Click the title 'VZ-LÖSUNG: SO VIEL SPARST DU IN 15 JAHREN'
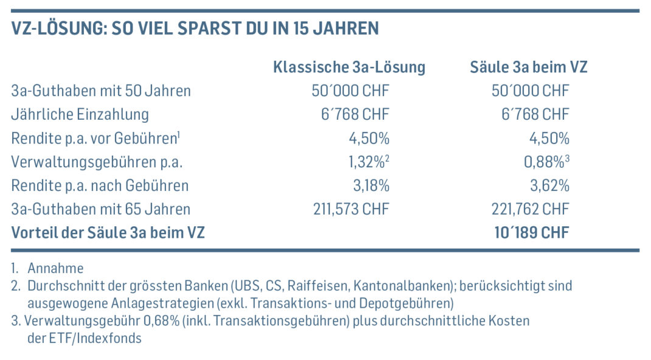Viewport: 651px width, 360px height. point(195,29)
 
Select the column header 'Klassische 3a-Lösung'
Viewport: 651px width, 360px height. point(349,67)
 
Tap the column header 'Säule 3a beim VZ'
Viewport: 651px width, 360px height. point(528,67)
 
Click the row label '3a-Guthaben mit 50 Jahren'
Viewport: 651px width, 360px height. point(101,91)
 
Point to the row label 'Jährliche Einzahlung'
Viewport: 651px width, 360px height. point(80,114)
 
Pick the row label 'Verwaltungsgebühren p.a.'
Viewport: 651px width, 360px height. point(97,162)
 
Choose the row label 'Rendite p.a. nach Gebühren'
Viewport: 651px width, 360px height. point(100,185)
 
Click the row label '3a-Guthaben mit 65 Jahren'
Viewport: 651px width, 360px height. point(101,209)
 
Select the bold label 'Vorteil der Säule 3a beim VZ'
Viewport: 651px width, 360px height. point(108,232)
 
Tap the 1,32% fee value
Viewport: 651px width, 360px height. point(369,162)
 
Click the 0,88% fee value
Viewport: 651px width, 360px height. point(549,162)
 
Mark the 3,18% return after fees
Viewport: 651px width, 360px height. point(370,185)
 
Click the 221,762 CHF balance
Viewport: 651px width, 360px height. point(530,209)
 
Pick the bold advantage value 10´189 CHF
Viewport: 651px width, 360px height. point(531,232)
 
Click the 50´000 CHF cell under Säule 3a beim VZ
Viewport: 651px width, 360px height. point(530,91)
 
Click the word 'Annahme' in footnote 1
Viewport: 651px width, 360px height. point(55,268)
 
